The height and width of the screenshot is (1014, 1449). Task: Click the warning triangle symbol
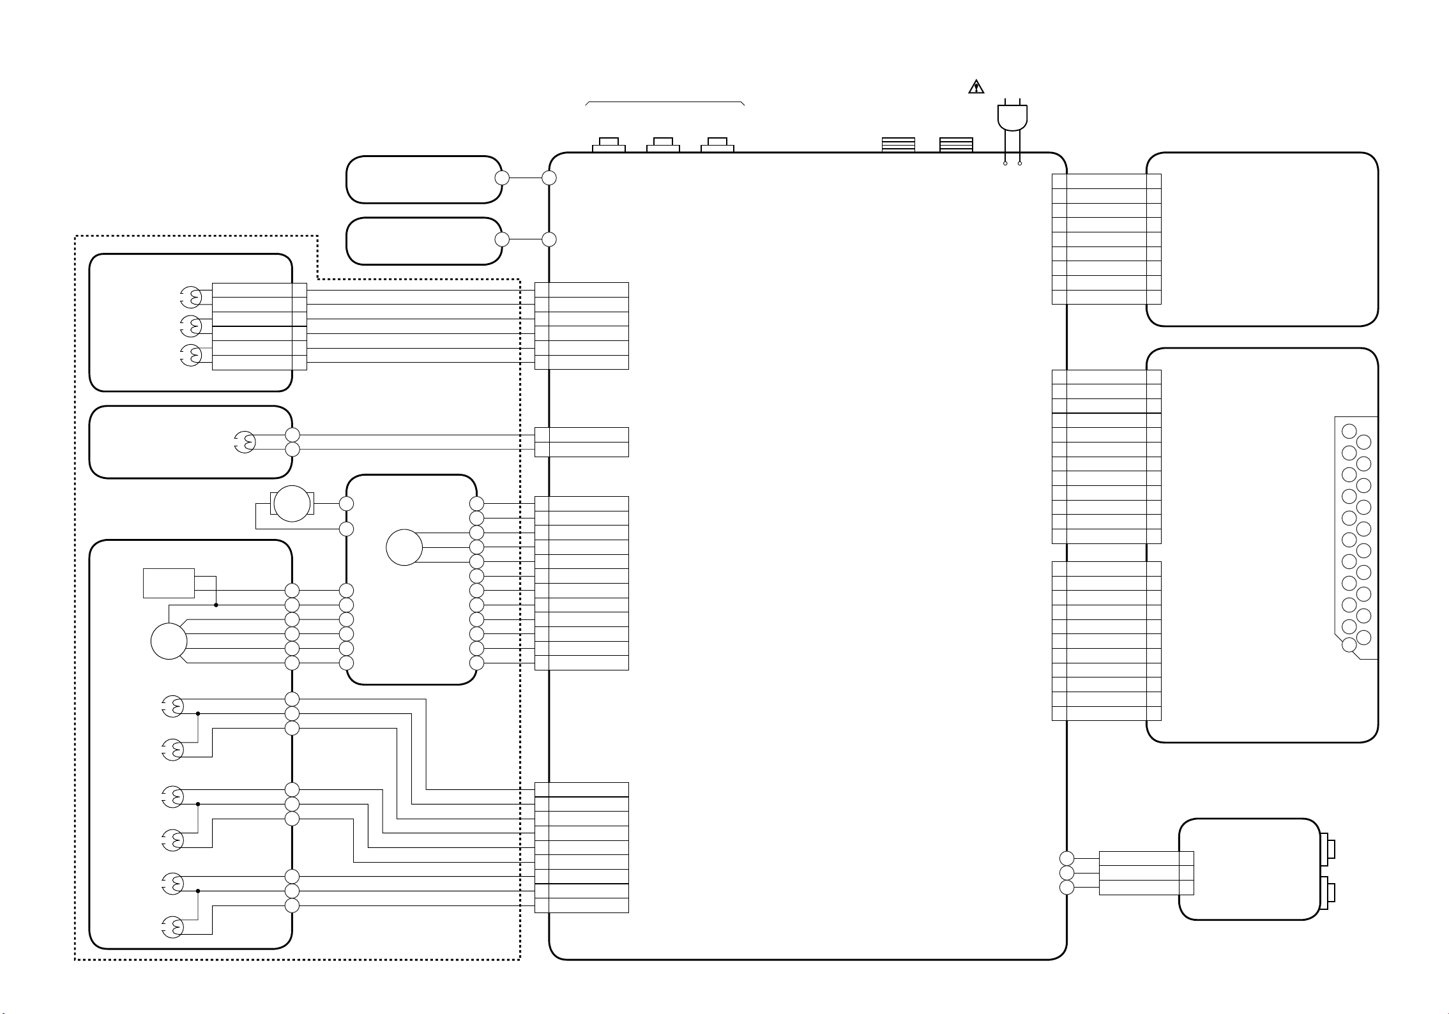pos(976,87)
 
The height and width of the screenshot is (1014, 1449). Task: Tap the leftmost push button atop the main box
pos(609,145)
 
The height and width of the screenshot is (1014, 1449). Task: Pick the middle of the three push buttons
pos(663,145)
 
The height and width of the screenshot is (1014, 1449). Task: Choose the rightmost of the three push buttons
pos(717,145)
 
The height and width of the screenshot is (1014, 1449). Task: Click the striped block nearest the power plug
pos(956,145)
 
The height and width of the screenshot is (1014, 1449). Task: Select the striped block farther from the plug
pos(898,145)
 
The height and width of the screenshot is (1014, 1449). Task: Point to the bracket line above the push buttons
pos(665,102)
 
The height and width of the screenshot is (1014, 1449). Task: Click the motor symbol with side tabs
pos(292,504)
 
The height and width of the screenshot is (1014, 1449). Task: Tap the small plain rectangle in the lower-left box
pos(169,583)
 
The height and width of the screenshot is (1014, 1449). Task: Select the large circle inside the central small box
pos(404,547)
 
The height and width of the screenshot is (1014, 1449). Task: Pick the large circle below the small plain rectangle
pos(169,642)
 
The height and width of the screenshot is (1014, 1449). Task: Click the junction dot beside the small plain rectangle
pos(216,605)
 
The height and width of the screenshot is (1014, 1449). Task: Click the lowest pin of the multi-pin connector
pos(1349,645)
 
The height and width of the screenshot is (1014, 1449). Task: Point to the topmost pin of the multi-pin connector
pos(1349,431)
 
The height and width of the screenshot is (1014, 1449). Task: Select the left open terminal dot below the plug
pos(1005,163)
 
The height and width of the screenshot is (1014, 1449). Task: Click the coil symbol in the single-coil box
pos(245,442)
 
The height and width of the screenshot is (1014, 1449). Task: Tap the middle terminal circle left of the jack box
pos(1066,873)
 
